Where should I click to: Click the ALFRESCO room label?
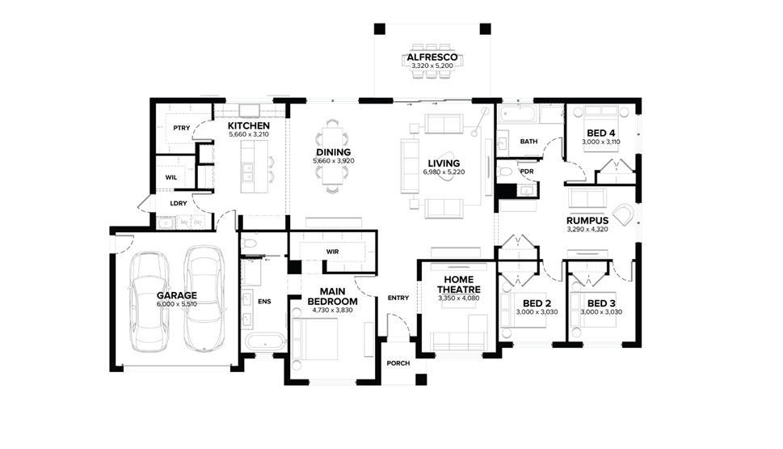[x=432, y=57]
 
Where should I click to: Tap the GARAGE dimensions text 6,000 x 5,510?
[x=176, y=304]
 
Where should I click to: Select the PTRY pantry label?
[x=181, y=128]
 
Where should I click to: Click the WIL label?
[x=170, y=177]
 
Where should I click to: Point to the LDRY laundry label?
[x=179, y=204]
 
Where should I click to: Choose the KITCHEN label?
[x=249, y=126]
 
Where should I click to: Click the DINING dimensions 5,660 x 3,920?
[x=334, y=161]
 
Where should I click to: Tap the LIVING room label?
[x=444, y=163]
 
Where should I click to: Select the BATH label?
[x=528, y=142]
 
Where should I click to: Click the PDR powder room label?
[x=527, y=172]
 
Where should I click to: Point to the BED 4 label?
[x=600, y=133]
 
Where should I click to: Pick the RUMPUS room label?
[x=587, y=221]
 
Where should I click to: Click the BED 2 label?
[x=537, y=303]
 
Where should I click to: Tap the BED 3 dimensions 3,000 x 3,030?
[x=601, y=312]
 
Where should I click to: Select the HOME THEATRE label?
[x=459, y=285]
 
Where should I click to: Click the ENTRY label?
[x=398, y=298]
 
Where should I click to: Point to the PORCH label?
[x=398, y=363]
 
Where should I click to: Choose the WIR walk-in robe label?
[x=333, y=252]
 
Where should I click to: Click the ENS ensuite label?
[x=264, y=302]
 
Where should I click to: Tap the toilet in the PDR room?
[x=505, y=172]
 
